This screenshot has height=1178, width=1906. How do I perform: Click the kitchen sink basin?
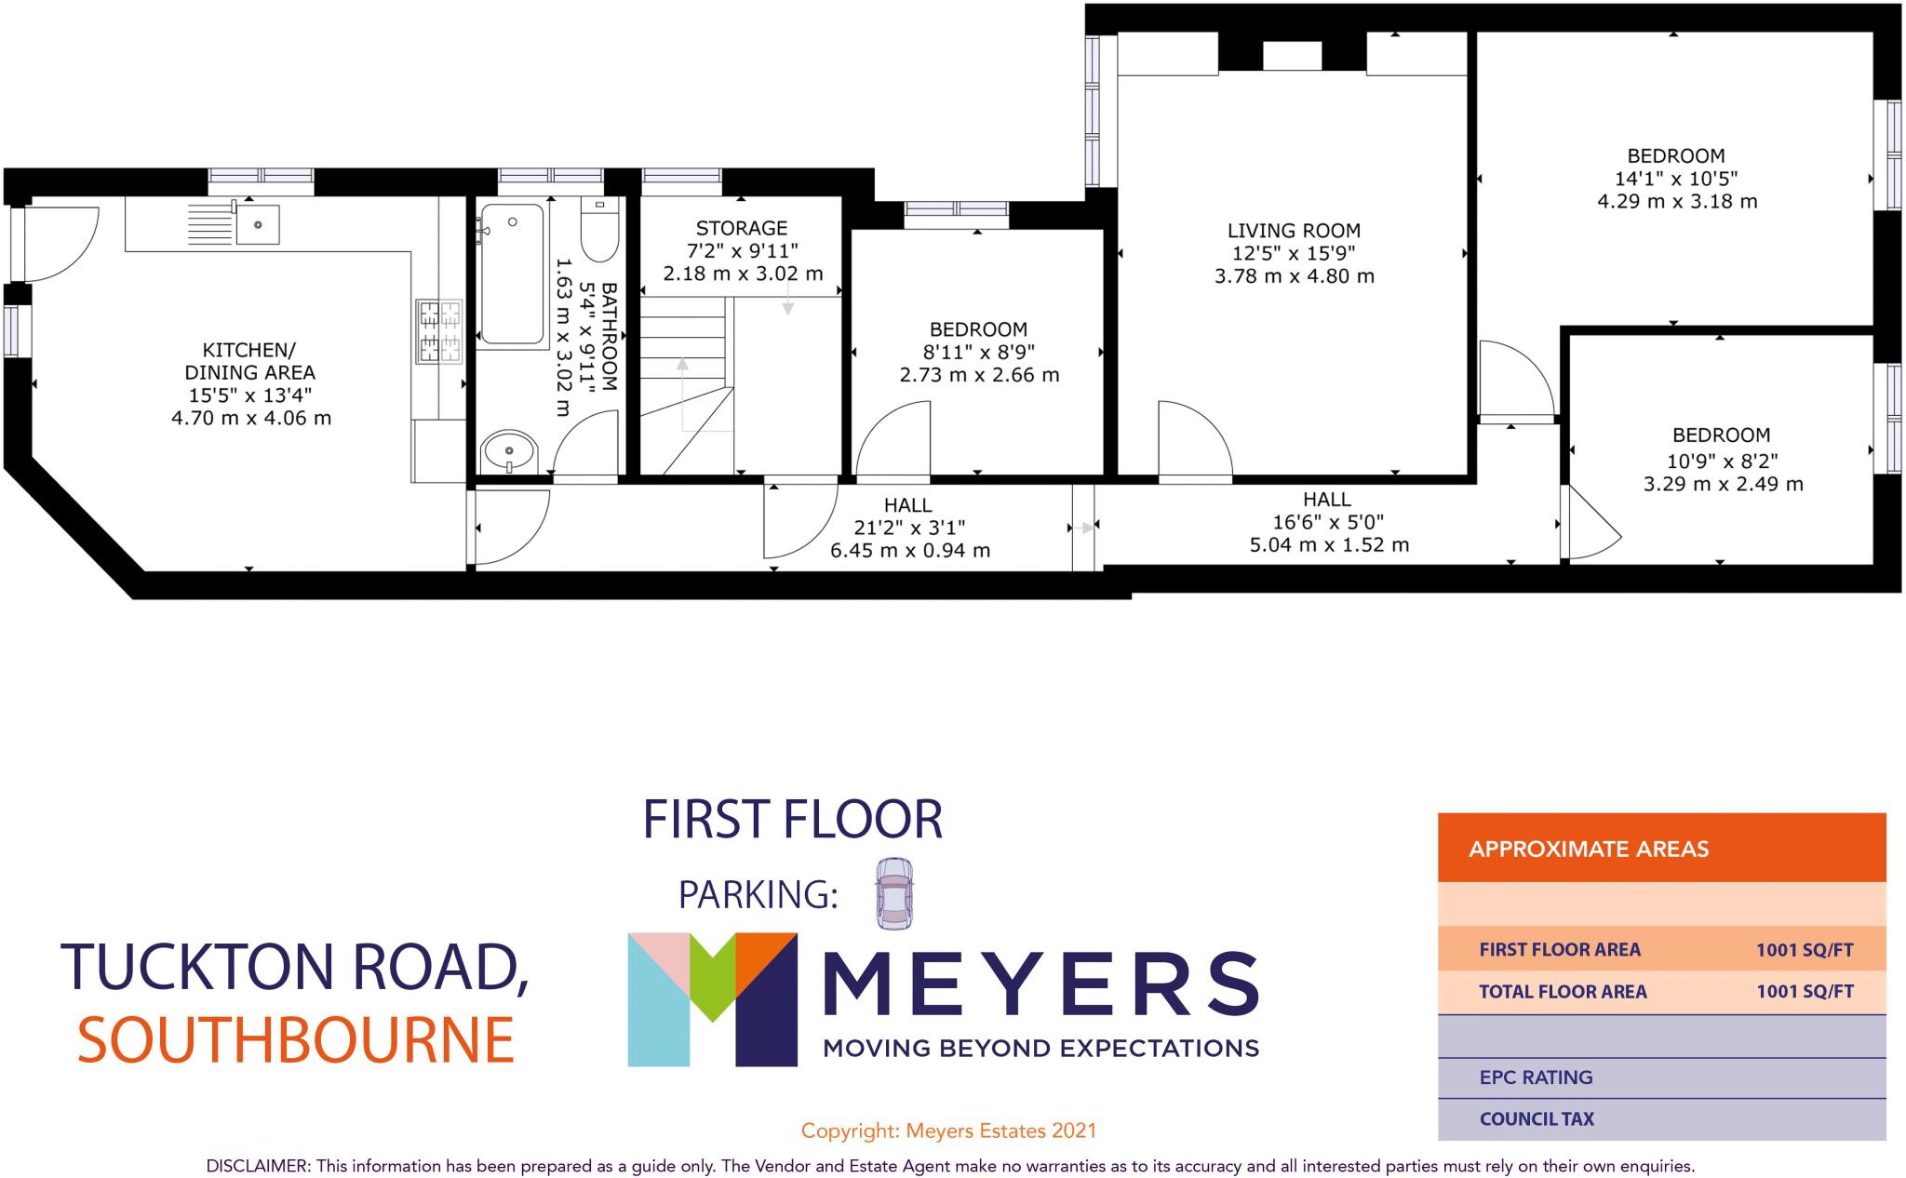pos(258,223)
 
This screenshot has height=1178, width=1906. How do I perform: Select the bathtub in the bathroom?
pos(512,274)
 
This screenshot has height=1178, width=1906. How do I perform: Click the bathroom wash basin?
pos(508,453)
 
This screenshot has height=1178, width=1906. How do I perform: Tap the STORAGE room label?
pos(742,228)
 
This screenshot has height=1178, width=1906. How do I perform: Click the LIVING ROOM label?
pos(1294,231)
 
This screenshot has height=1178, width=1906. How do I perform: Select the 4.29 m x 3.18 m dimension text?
pos(1677,201)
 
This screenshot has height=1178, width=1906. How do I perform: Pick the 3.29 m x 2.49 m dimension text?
pos(1723,484)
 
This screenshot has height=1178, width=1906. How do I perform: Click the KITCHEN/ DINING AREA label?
pos(249,361)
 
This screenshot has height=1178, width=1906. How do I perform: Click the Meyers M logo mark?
pos(712,998)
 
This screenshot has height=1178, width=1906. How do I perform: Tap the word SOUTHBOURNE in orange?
pos(296,1039)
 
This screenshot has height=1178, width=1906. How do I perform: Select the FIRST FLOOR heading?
pos(793,819)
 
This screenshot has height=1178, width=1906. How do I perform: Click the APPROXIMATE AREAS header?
pos(1589,849)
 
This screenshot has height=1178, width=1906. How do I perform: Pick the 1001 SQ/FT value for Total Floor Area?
pos(1805,991)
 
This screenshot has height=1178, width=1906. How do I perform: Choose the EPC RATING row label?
pos(1536,1078)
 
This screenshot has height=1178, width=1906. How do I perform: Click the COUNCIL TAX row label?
pos(1537,1118)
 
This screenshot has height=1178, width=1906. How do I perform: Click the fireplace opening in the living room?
pos(1292,55)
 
